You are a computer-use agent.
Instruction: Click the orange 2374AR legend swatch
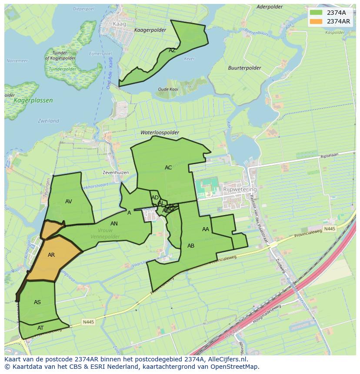(x=317, y=21)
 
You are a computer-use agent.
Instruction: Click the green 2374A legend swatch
(x=317, y=13)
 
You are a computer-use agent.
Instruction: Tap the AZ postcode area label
(x=172, y=50)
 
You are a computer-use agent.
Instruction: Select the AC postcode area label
(x=168, y=168)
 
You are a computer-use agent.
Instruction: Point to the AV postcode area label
(x=69, y=202)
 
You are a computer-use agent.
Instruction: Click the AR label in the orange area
(x=51, y=255)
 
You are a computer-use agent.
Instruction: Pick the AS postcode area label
(x=37, y=302)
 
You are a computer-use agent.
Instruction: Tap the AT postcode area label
(x=40, y=328)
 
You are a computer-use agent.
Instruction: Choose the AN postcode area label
(x=114, y=224)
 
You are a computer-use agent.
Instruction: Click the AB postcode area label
(x=191, y=246)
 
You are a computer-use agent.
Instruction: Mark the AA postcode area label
(x=206, y=229)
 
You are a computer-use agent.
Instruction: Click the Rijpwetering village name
(x=240, y=190)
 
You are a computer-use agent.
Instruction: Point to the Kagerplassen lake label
(x=33, y=100)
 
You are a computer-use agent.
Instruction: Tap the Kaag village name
(x=119, y=24)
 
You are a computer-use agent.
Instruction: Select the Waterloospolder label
(x=160, y=132)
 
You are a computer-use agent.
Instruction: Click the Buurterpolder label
(x=245, y=68)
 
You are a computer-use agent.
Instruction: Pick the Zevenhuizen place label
(x=116, y=172)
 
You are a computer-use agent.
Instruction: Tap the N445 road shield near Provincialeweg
(x=330, y=228)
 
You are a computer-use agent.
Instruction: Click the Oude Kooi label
(x=168, y=89)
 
